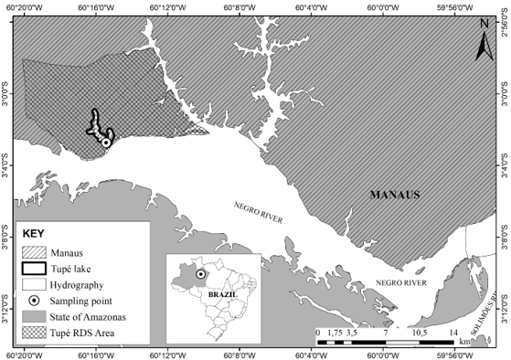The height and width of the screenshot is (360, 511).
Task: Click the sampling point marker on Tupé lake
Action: click(x=106, y=143)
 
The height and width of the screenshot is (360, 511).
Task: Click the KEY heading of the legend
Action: click(x=33, y=233)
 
